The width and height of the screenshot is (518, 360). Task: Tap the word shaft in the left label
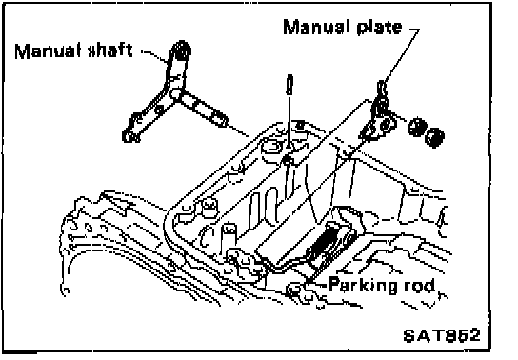(x=110, y=50)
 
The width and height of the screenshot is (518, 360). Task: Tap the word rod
(x=420, y=286)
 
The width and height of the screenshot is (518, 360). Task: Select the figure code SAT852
(x=442, y=335)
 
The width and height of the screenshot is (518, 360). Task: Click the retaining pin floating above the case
(x=289, y=85)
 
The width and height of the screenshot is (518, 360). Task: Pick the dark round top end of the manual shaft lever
(x=181, y=50)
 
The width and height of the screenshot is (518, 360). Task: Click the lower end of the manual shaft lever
(x=129, y=135)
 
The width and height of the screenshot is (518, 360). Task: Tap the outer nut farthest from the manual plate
(x=435, y=136)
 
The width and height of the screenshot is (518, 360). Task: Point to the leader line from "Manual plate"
(x=400, y=54)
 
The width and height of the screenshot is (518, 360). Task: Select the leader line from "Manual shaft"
(x=155, y=56)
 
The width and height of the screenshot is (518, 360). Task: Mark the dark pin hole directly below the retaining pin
(x=288, y=161)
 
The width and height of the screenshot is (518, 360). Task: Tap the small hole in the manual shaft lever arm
(x=159, y=109)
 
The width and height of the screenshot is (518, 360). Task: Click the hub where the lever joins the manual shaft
(x=176, y=93)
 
